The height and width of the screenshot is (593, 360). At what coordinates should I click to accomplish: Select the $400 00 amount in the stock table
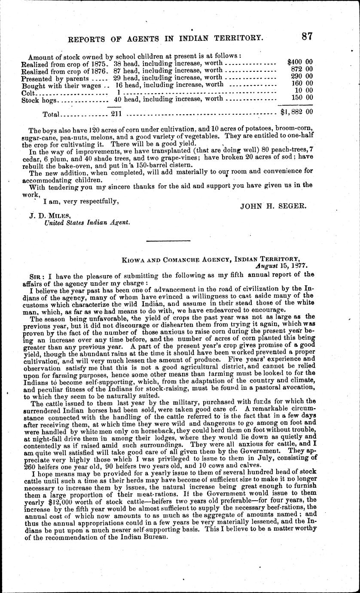coord(300,62)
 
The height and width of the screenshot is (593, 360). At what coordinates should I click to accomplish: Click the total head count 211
coord(117,114)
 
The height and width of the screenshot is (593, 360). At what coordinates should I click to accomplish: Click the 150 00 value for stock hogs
coord(302,98)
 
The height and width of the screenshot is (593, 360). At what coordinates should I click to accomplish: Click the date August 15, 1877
coord(284,266)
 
